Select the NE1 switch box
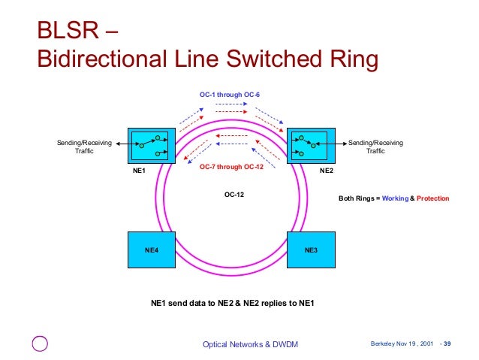[151, 146]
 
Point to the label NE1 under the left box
[137, 171]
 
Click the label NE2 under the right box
[326, 171]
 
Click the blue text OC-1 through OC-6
[230, 95]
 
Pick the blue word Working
[395, 198]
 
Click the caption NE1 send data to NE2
[233, 304]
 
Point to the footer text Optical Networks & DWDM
[250, 344]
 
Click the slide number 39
[447, 344]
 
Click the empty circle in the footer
[40, 344]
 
